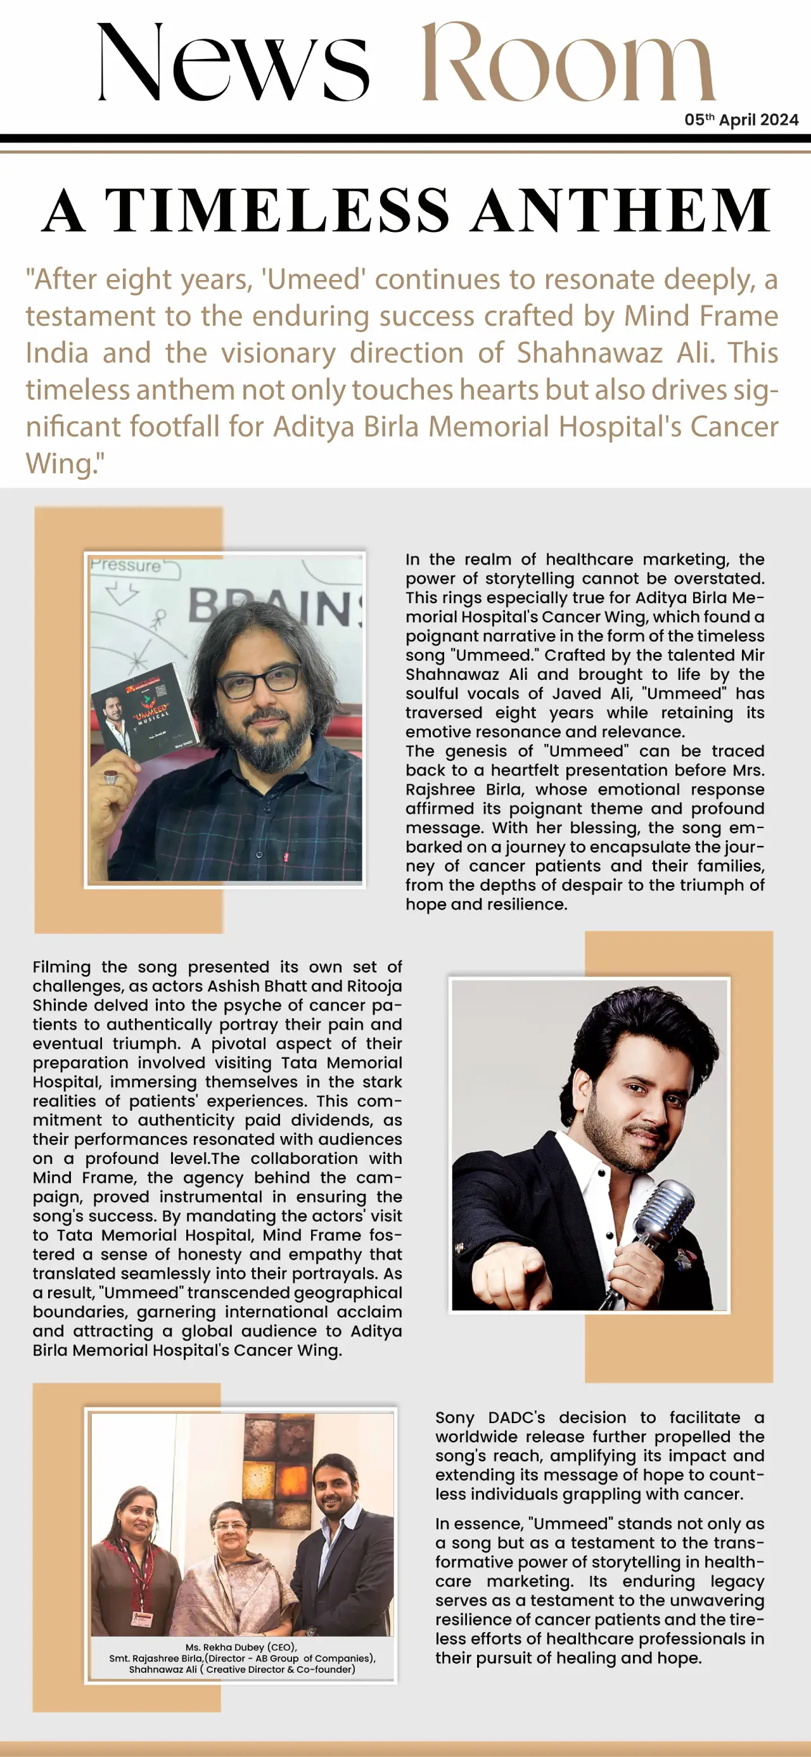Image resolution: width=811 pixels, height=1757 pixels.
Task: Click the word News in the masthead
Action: [233, 63]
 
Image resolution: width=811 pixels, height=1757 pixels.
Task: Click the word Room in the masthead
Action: [568, 63]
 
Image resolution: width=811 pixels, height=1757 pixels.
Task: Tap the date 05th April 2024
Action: [741, 120]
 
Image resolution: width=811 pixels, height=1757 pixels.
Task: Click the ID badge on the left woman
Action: [141, 1617]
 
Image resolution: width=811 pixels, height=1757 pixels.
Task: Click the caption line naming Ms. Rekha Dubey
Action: [241, 1647]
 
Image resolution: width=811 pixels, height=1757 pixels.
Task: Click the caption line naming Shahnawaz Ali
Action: [241, 1669]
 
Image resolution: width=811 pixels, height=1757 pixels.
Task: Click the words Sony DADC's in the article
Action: [490, 1417]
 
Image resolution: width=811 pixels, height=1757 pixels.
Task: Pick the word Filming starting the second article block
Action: [61, 967]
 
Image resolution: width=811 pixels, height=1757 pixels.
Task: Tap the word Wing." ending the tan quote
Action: [65, 464]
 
